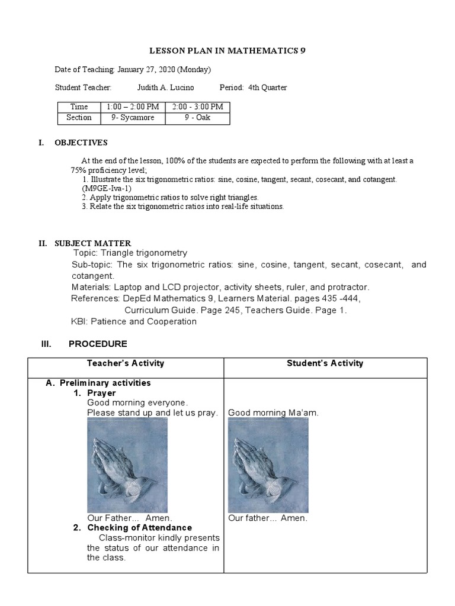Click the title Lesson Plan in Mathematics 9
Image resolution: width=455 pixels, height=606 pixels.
tap(227, 51)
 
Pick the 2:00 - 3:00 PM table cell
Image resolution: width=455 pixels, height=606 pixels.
tap(198, 107)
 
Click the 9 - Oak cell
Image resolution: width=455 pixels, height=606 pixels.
tap(198, 118)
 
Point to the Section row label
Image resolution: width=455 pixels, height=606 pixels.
tap(79, 118)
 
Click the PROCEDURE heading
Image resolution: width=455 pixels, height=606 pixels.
tap(98, 344)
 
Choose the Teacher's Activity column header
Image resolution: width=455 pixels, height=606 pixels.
tap(126, 363)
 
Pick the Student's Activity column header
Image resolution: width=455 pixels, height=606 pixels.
tap(325, 363)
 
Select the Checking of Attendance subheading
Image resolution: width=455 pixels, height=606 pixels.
tap(140, 527)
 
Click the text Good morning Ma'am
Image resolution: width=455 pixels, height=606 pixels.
tap(273, 412)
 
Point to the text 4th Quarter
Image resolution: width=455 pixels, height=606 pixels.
tap(268, 88)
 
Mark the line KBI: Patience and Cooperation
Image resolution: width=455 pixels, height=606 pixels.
tap(134, 321)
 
